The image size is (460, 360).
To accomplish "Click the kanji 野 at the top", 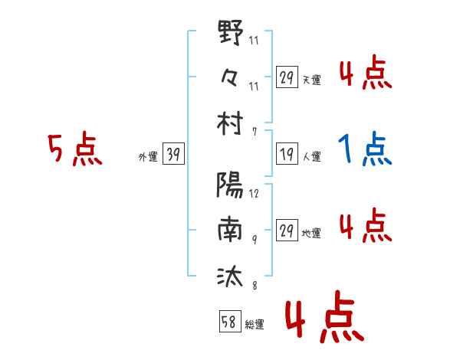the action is [231, 31].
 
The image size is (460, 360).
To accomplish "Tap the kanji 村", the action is [230, 123].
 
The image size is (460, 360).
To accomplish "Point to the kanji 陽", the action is [230, 185].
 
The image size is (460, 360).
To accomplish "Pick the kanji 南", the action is [230, 229].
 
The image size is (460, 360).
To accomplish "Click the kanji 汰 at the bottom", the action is [230, 276].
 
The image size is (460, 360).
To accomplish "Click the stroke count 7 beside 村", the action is [255, 132].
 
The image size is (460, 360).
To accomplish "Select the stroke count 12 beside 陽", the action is [254, 193].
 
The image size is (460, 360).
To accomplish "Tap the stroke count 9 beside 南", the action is [255, 240].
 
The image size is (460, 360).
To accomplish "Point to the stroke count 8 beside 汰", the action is [255, 285].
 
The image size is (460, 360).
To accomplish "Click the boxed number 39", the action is [173, 153].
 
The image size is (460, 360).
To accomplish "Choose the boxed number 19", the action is [287, 153].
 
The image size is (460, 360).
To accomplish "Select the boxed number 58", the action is [230, 321].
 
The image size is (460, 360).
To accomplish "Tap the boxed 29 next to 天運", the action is [287, 77].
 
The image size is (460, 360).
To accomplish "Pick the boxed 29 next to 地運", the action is [287, 230].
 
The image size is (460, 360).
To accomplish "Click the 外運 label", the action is [148, 156].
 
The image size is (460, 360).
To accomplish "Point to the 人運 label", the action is [311, 156].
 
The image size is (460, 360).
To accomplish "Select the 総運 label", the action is [255, 325].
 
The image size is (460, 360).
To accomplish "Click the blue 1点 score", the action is [365, 149].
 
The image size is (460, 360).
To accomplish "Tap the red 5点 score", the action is [75, 149].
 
